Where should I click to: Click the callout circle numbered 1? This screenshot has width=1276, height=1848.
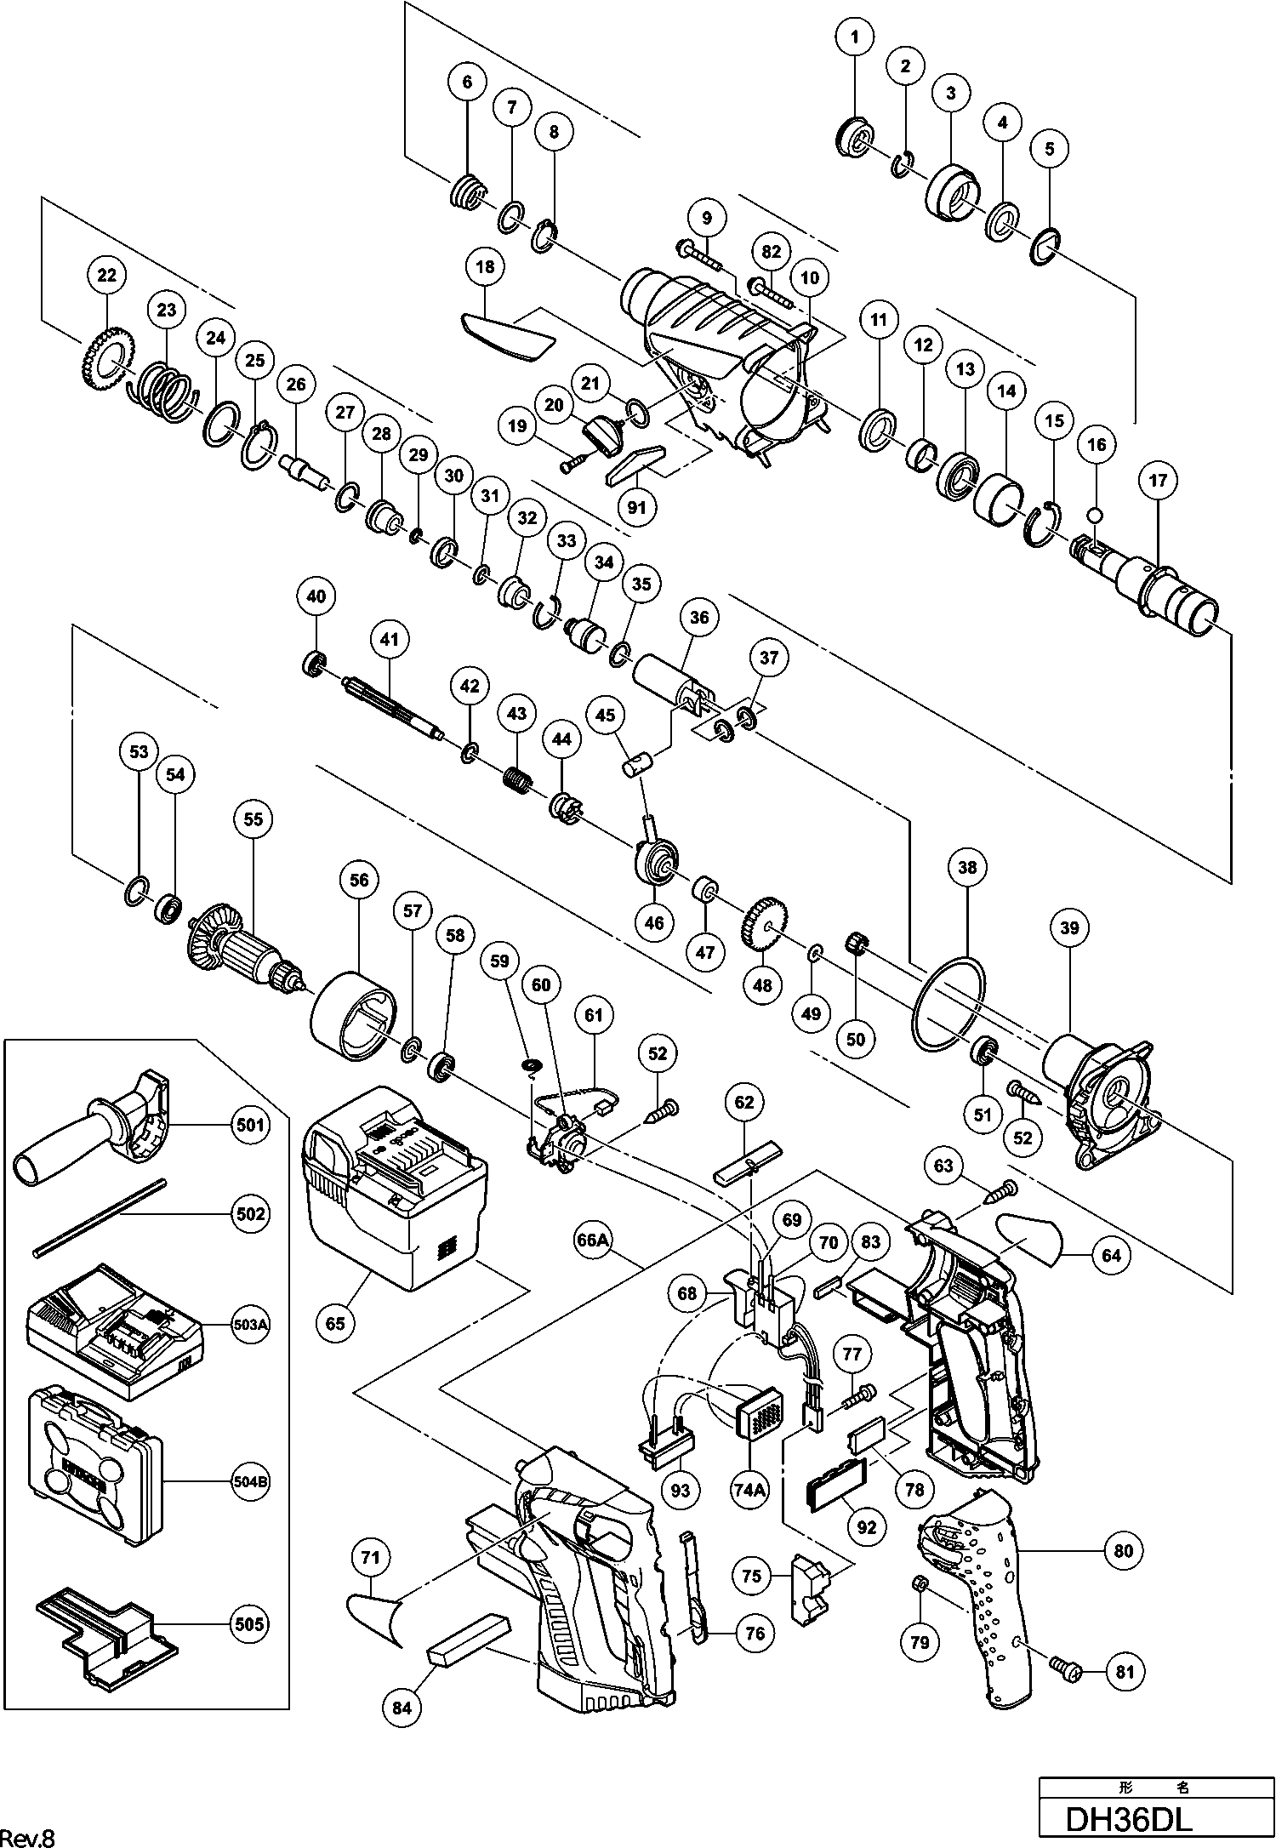point(855,37)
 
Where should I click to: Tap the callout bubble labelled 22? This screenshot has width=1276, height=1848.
point(106,275)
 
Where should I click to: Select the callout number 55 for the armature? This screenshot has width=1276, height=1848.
point(253,819)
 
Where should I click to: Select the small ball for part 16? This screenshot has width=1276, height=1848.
point(1097,515)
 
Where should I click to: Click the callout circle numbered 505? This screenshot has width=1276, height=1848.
point(250,1623)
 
